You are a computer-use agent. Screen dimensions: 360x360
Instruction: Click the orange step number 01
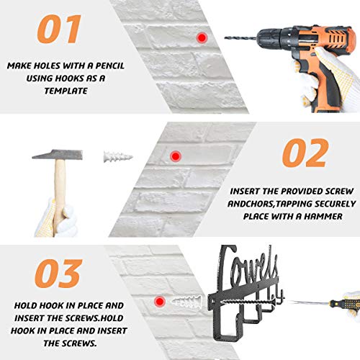pos(59,29)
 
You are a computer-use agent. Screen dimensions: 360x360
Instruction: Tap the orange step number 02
pos(305,153)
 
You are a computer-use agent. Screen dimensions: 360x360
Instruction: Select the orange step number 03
pos(58,274)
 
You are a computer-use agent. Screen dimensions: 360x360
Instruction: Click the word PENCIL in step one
pos(110,66)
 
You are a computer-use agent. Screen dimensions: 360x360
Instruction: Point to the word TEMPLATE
pos(66,91)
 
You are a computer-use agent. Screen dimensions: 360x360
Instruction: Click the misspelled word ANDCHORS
pos(251,204)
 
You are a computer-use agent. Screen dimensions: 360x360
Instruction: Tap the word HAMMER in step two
pos(323,217)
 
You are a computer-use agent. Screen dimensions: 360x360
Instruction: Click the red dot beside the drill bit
pos(202,37)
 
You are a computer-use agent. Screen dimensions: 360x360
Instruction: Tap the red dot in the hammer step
pos(176,156)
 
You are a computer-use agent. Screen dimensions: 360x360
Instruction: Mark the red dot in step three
pos(160,301)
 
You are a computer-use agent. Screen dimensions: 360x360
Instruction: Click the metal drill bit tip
pos(225,37)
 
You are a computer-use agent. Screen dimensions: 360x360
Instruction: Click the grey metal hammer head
pos(58,155)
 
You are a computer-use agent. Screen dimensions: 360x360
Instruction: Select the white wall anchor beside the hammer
pos(118,157)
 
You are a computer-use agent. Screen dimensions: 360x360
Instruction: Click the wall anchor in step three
pos(186,302)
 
